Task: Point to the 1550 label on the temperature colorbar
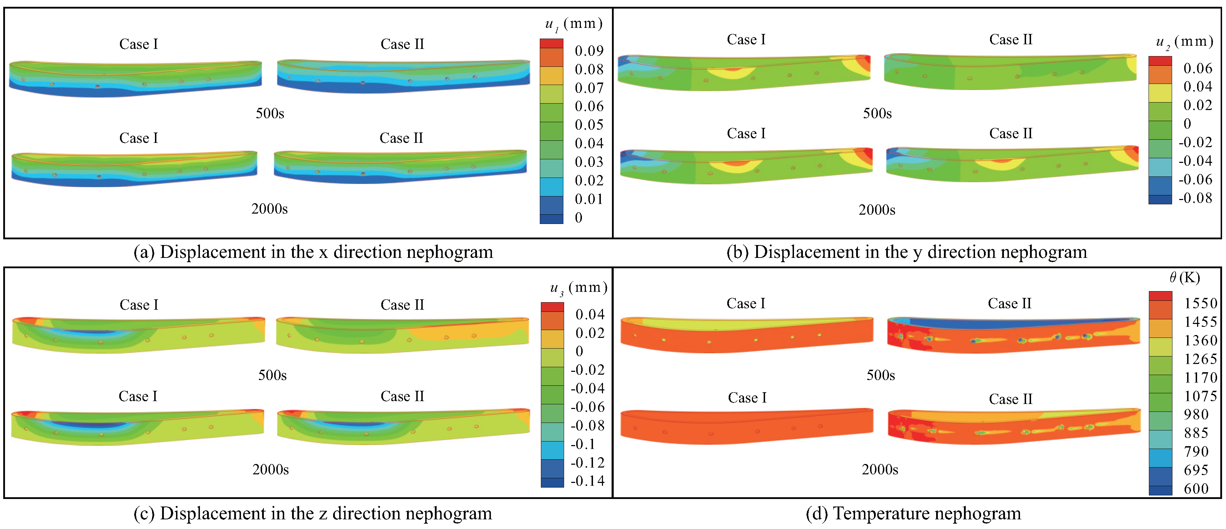point(1200,303)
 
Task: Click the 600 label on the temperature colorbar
point(1196,489)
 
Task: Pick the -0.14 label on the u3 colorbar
point(587,481)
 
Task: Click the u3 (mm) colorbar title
point(578,288)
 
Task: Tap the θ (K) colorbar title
point(1185,278)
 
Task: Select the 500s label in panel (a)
point(270,113)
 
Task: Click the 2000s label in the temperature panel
point(880,469)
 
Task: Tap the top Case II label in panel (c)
point(402,305)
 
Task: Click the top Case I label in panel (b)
point(746,40)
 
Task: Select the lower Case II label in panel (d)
point(1010,399)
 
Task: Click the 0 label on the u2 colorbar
point(1187,124)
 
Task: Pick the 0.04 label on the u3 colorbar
point(590,314)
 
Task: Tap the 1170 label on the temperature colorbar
point(1200,378)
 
